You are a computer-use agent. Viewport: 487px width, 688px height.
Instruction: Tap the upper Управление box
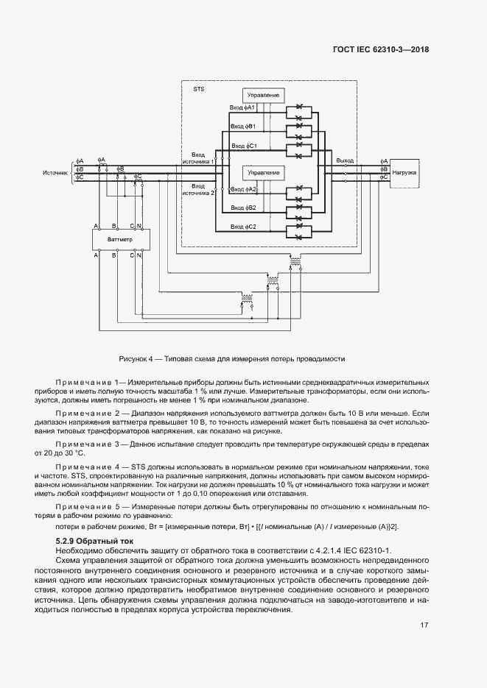tap(263, 96)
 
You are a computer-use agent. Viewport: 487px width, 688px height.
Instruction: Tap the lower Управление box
tap(263, 172)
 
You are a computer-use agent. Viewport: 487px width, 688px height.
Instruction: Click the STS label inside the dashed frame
tap(198, 89)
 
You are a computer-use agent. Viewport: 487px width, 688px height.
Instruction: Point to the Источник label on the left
tap(55, 173)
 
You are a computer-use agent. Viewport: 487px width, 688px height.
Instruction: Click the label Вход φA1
tap(242, 107)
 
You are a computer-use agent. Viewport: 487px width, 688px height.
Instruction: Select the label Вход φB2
tap(242, 208)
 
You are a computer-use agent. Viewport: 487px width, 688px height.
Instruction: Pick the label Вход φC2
tap(242, 227)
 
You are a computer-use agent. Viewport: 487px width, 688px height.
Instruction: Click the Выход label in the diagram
tap(344, 160)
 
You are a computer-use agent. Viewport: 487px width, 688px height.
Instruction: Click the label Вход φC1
tap(242, 146)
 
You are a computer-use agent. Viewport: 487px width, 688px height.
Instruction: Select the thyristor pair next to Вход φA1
tap(299, 113)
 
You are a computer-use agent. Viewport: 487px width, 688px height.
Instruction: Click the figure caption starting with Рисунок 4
tap(232, 358)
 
